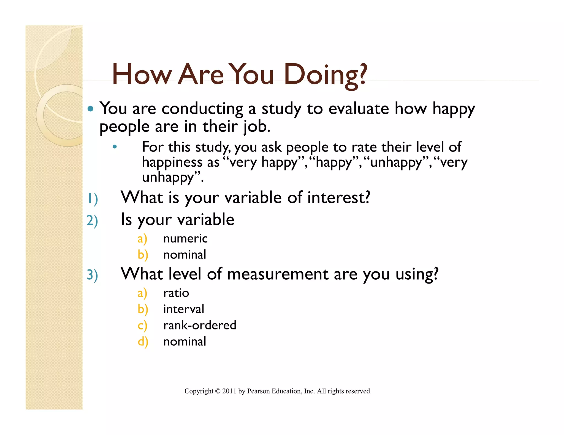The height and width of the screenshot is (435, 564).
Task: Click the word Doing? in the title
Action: tap(326, 75)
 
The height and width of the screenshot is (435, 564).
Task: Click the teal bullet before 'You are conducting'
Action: tap(90, 109)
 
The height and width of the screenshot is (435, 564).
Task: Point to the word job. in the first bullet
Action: tap(257, 127)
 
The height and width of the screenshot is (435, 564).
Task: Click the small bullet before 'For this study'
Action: tap(115, 147)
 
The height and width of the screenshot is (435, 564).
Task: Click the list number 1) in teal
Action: tap(92, 199)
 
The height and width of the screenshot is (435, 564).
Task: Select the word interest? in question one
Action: tap(339, 198)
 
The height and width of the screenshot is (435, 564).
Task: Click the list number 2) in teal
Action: tap(92, 221)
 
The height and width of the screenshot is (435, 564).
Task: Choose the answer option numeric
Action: tap(185, 238)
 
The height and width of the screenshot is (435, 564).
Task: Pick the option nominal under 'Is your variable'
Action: tap(185, 255)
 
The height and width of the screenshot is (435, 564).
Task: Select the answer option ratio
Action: tap(176, 293)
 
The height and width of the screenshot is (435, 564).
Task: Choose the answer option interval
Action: tap(184, 309)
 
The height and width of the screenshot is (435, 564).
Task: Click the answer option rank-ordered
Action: tap(200, 325)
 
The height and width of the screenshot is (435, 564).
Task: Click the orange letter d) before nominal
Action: tap(143, 342)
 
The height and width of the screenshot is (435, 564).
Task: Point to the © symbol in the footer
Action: tap(218, 391)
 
